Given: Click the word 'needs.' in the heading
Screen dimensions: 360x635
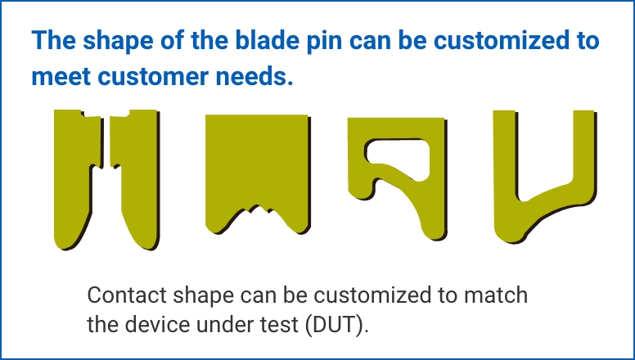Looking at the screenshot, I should [x=254, y=77].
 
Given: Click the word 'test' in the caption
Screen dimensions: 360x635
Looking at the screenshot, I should [x=282, y=323].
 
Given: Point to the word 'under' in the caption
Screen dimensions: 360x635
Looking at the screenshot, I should [x=222, y=323].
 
